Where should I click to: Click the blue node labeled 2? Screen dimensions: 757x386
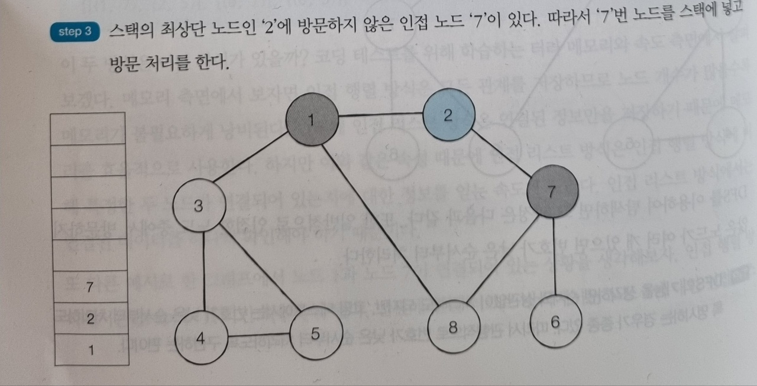pyautogui.click(x=449, y=113)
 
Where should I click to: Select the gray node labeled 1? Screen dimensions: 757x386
pyautogui.click(x=312, y=119)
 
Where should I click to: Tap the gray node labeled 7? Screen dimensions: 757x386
pyautogui.click(x=552, y=190)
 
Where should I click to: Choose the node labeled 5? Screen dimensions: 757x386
pyautogui.click(x=315, y=334)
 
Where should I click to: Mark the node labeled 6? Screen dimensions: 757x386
pyautogui.click(x=554, y=321)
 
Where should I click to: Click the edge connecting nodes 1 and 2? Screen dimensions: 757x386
pyautogui.click(x=380, y=115)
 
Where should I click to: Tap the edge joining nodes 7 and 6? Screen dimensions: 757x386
pyautogui.click(x=554, y=257)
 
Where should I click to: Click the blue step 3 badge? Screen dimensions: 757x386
pyautogui.click(x=75, y=31)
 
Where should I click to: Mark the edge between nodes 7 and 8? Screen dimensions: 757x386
pyautogui.click(x=503, y=260)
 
